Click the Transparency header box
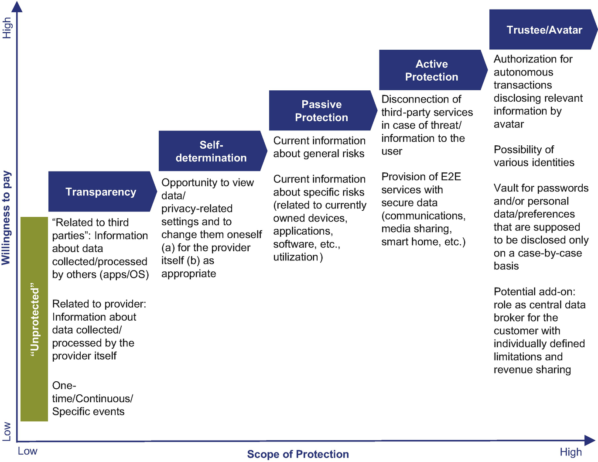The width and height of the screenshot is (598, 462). (x=101, y=192)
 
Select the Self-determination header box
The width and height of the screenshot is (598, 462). (x=212, y=151)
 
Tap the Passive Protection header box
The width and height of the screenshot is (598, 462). (x=321, y=111)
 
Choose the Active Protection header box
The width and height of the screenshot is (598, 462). (x=432, y=70)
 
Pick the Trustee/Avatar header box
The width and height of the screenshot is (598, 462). (x=543, y=30)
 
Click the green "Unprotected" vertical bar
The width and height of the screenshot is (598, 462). (x=34, y=319)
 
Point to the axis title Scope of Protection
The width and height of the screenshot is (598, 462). (x=298, y=454)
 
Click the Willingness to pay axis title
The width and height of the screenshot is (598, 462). (x=6, y=218)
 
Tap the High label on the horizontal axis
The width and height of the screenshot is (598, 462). (x=571, y=452)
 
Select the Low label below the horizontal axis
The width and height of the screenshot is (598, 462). (x=27, y=451)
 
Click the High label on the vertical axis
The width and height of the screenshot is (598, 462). (x=7, y=28)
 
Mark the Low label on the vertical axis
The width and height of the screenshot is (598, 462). (x=7, y=431)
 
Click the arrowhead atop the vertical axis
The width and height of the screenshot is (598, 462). (x=17, y=6)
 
